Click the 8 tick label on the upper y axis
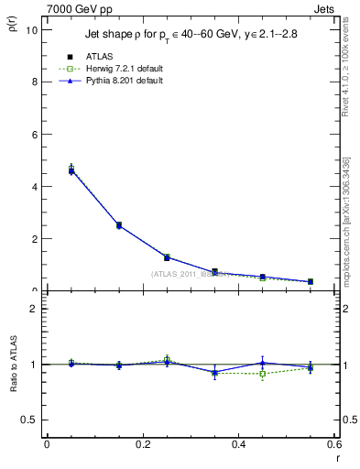click(35, 82)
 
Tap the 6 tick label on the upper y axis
click(35, 134)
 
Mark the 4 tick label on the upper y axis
click(35, 186)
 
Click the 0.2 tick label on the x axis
click(143, 444)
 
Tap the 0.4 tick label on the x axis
click(239, 444)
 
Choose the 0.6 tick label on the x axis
click(333, 444)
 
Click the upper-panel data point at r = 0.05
click(71, 170)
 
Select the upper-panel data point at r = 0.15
click(119, 224)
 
